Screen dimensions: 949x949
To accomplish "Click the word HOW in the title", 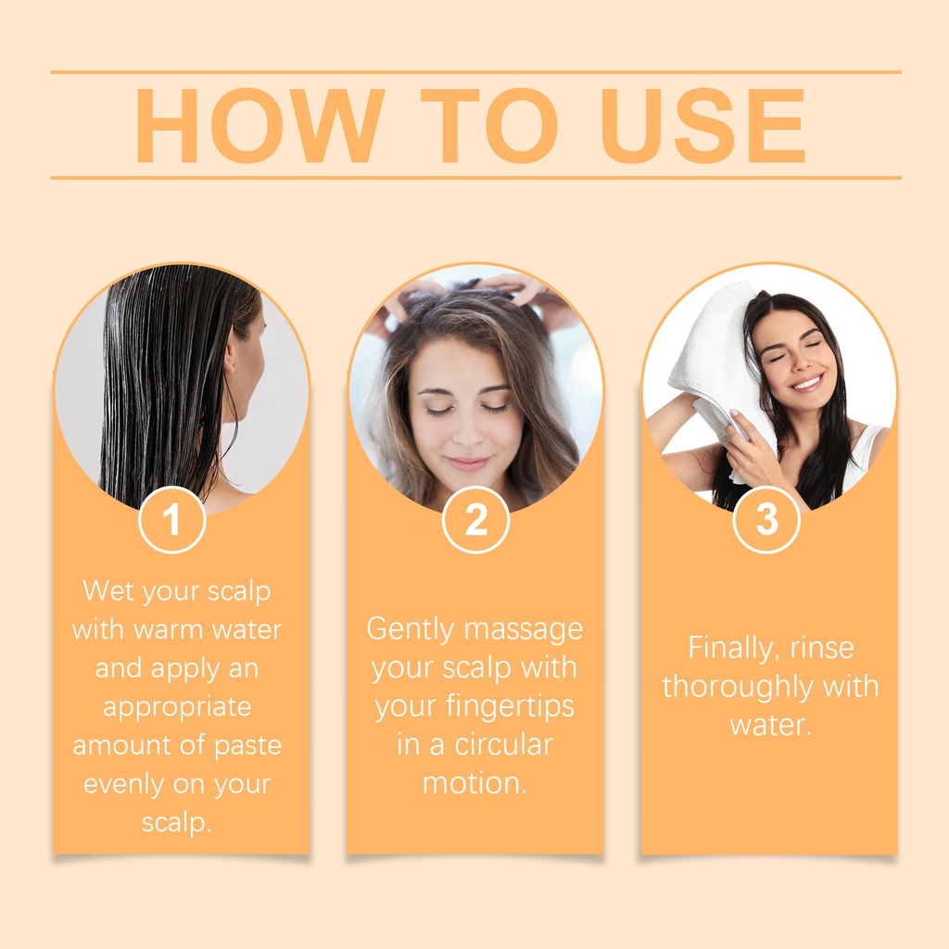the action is pyautogui.click(x=259, y=125).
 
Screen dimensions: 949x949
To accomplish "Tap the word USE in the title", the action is pyautogui.click(x=702, y=125).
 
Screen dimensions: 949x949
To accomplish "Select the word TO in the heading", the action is pyautogui.click(x=489, y=125).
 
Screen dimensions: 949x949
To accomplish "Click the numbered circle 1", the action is pyautogui.click(x=172, y=519).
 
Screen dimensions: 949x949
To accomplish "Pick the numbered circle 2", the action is pyautogui.click(x=475, y=519).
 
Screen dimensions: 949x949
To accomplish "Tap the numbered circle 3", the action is pyautogui.click(x=766, y=519).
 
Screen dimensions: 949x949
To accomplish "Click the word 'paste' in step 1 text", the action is pyautogui.click(x=248, y=746).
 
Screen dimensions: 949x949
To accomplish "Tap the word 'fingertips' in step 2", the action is pyautogui.click(x=511, y=706).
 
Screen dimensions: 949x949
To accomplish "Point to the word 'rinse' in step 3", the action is pyautogui.click(x=822, y=648).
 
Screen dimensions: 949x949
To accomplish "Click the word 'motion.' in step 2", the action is pyautogui.click(x=474, y=783).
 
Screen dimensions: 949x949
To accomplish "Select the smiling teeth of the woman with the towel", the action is pyautogui.click(x=807, y=383).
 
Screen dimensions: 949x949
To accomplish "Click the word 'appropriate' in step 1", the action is pyautogui.click(x=177, y=707).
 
